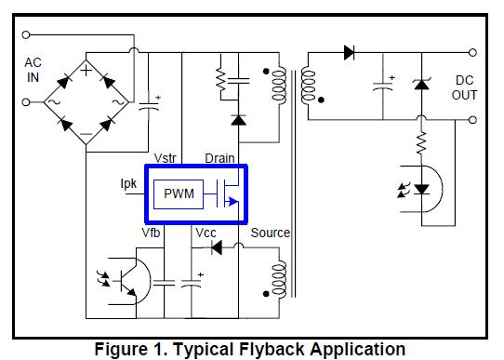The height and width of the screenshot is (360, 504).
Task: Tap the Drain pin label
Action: [x=219, y=159]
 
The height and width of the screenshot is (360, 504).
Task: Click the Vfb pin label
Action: [x=152, y=233]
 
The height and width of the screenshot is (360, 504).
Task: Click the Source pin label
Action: [x=270, y=233]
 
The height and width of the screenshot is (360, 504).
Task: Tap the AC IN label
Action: [x=33, y=70]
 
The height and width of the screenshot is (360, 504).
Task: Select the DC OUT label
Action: [x=465, y=87]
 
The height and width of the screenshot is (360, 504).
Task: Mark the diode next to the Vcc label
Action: [x=217, y=247]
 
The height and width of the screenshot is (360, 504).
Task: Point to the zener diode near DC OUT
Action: [x=420, y=85]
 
